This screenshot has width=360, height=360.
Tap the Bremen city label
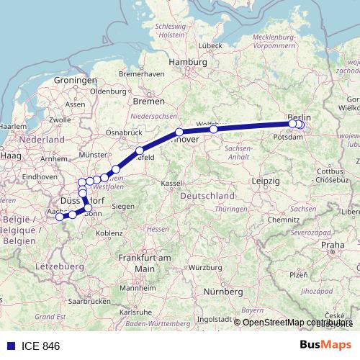[149, 102]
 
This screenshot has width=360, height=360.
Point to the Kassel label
[172, 184]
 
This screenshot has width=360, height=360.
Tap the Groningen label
[70, 80]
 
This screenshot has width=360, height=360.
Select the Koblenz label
[109, 233]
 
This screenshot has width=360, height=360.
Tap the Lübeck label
[210, 45]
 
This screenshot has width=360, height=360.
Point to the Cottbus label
[329, 171]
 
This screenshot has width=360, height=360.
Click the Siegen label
[123, 206]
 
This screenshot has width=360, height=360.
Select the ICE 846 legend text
[41, 346]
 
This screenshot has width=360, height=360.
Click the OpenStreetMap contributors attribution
[297, 323]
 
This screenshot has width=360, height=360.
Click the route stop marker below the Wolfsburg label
[214, 129]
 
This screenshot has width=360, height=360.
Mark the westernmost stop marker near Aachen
[60, 217]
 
